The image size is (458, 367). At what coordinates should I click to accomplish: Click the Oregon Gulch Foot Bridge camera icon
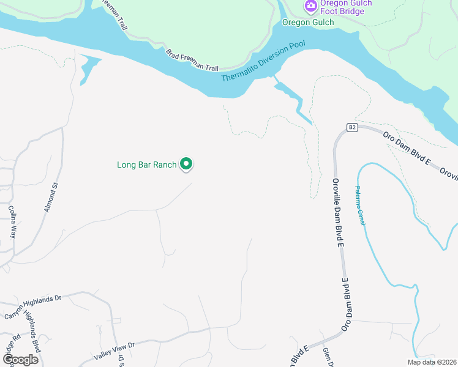[x=311, y=6]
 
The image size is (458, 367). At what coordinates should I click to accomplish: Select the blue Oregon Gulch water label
[x=308, y=23]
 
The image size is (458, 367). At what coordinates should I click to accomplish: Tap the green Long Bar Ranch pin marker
[x=186, y=164]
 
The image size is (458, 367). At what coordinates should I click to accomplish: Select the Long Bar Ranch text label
[x=146, y=165]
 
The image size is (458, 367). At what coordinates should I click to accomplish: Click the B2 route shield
[x=351, y=127]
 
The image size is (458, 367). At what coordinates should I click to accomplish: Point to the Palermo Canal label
[x=361, y=206]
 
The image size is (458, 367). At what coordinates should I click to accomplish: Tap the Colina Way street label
[x=13, y=221]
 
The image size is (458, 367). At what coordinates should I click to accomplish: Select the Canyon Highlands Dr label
[x=34, y=306]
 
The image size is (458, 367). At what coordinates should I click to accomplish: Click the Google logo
[x=20, y=360]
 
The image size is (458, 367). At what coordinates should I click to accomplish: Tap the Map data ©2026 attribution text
[x=431, y=362]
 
